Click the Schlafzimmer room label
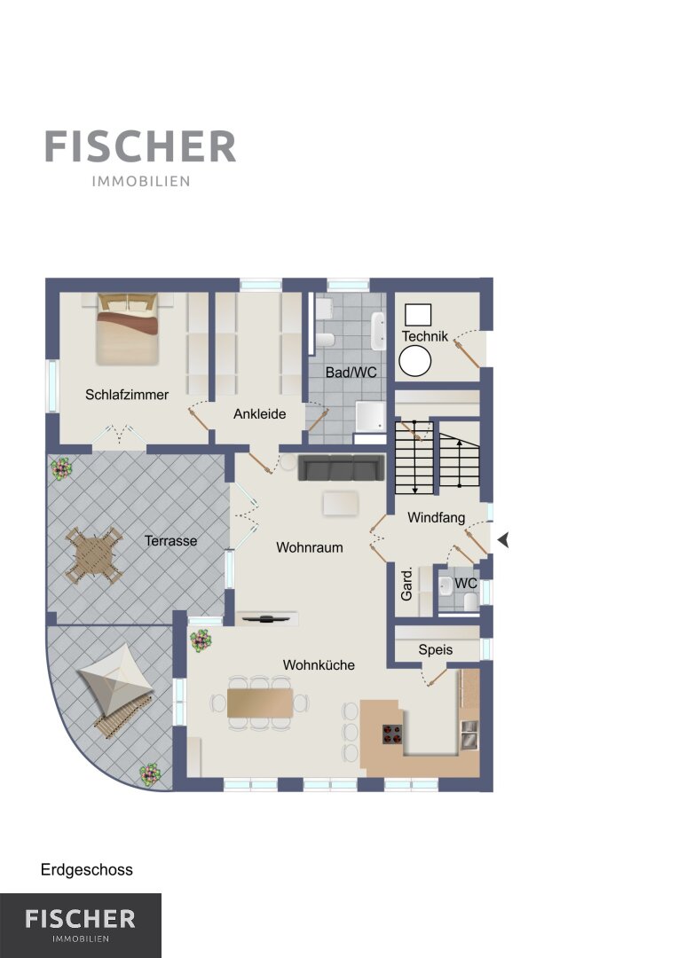point(127,395)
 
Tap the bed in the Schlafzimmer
point(128,329)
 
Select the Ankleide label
point(260,413)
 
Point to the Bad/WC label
point(351,372)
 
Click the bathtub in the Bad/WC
point(378,331)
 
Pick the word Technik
point(425,336)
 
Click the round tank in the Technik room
point(415,361)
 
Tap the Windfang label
point(436,517)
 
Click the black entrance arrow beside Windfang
point(503,540)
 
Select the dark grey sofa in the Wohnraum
point(341,467)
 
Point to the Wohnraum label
point(310,547)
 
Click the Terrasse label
point(171,541)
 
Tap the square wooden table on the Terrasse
point(93,555)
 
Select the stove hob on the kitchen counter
point(392,734)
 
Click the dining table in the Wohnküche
point(260,703)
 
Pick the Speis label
point(436,649)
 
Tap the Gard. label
point(406,584)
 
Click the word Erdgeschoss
point(87,870)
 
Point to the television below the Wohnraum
point(266,618)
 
